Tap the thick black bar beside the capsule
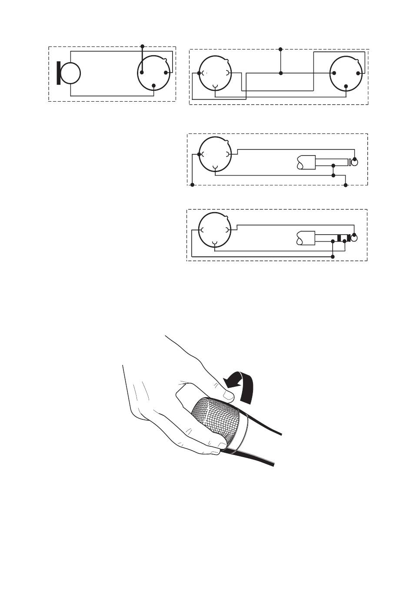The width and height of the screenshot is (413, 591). pos(59,73)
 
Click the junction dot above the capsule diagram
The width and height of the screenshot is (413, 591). pos(142,46)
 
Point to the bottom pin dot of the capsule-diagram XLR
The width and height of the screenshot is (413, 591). pos(153,85)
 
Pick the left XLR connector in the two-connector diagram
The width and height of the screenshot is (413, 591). pos(215,73)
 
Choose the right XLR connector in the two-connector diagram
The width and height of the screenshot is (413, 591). pos(346,73)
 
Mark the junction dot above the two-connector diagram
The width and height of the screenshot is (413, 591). pos(280,49)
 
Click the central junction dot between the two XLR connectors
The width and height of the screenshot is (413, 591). pos(280,73)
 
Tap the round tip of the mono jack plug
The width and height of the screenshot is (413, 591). pos(355,163)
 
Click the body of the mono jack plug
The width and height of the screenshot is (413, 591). pos(306,163)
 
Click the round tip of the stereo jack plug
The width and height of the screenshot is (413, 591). pos(355,238)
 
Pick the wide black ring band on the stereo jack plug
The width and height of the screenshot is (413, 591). pos(340,238)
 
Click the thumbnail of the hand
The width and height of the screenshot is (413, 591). pos(227,395)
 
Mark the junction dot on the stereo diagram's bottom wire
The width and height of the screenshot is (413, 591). pos(333,257)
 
